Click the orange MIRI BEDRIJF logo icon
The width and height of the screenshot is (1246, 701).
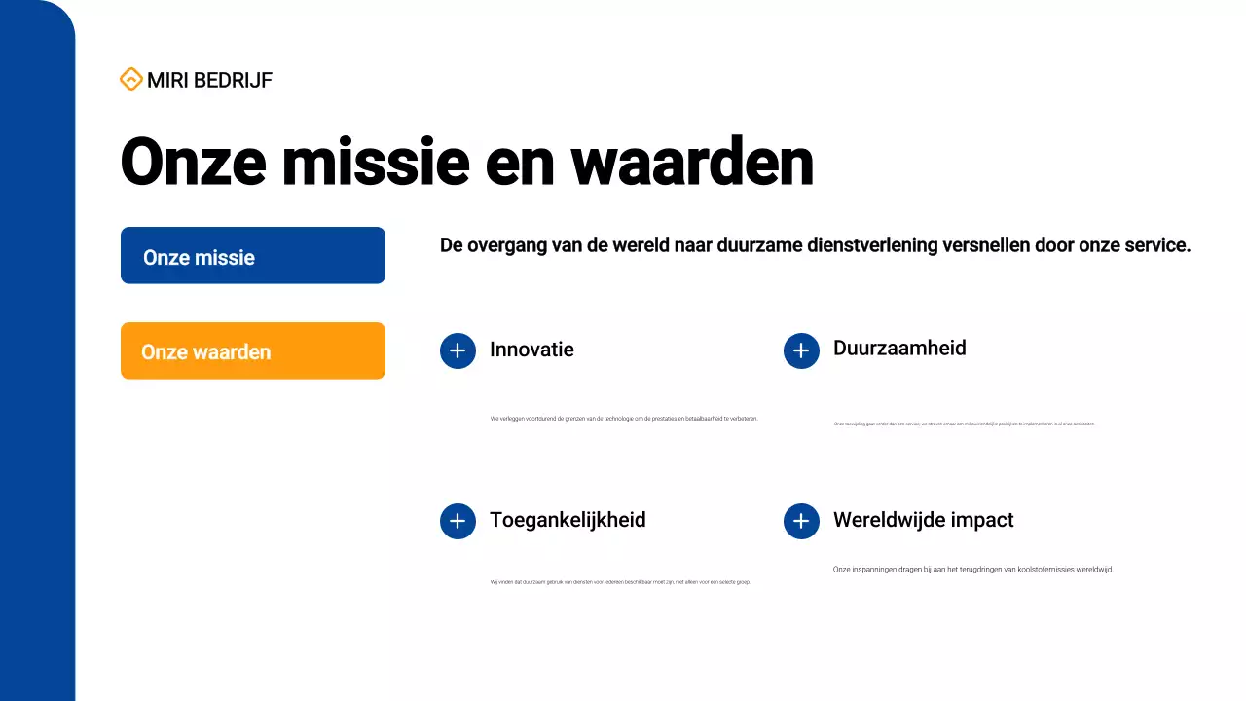130,80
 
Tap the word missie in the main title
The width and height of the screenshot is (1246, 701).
376,162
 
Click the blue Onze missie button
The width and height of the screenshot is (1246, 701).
253,256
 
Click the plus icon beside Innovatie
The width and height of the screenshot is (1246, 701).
458,350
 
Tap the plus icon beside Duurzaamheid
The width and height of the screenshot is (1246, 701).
801,350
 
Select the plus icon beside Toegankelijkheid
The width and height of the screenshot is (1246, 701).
458,522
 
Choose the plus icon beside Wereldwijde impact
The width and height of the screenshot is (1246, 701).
801,522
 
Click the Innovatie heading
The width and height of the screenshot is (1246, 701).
531,350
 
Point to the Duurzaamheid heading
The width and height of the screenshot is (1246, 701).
899,349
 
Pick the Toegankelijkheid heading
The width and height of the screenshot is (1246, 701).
568,520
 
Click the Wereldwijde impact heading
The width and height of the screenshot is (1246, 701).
923,520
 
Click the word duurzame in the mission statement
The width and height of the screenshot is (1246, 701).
760,245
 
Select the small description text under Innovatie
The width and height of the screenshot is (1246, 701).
624,419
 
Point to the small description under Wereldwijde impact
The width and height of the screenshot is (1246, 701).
972,570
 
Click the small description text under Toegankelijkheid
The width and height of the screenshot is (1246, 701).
620,582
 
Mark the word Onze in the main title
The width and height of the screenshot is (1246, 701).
193,162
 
